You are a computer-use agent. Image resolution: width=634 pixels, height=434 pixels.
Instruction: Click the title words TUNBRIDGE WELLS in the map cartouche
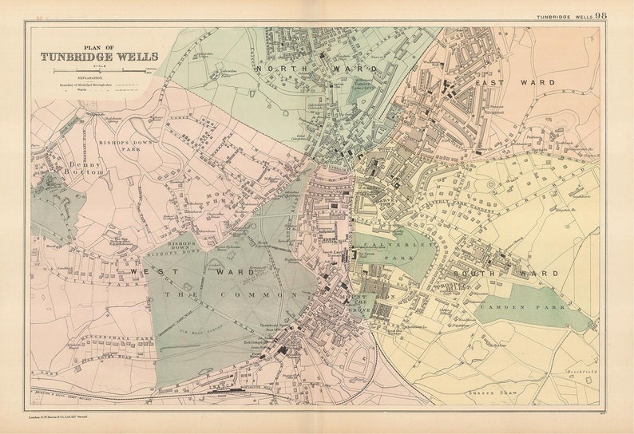99,57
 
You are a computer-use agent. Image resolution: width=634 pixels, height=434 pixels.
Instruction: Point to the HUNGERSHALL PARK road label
125,338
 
